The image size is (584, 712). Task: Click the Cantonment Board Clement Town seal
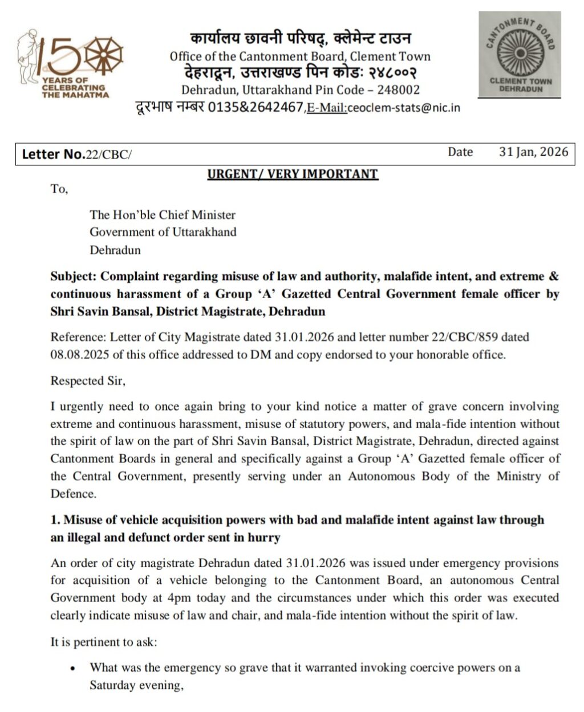click(520, 55)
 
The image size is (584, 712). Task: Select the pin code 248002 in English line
click(398, 89)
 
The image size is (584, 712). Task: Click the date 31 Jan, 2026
click(533, 152)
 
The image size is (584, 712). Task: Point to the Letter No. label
click(53, 154)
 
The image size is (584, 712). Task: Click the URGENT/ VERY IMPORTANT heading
click(293, 174)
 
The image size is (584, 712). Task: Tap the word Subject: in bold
click(74, 276)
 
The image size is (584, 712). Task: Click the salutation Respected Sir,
click(87, 381)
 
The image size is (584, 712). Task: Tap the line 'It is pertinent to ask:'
click(103, 642)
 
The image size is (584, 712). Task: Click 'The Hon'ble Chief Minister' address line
click(163, 215)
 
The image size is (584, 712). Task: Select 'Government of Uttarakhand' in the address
click(163, 232)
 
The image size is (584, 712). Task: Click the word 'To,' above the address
click(59, 189)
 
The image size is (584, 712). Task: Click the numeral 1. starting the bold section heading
click(55, 520)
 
